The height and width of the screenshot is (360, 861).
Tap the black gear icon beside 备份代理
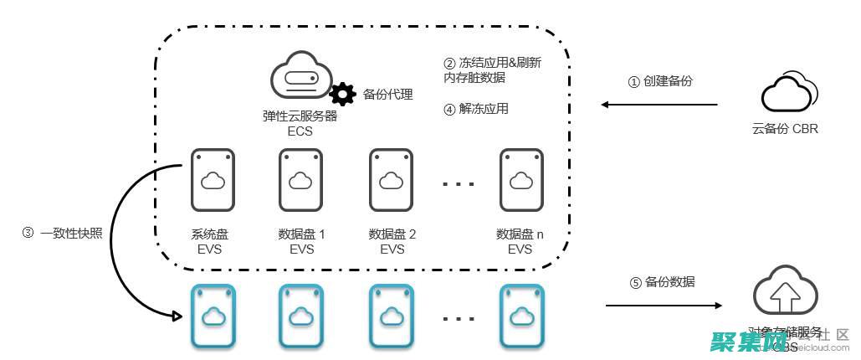pyautogui.click(x=342, y=94)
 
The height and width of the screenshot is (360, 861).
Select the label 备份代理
pyautogui.click(x=388, y=94)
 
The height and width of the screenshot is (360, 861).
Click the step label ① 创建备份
pyautogui.click(x=660, y=81)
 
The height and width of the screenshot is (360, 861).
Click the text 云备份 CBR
pyautogui.click(x=785, y=129)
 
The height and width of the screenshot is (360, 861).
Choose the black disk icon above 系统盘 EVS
pyautogui.click(x=213, y=180)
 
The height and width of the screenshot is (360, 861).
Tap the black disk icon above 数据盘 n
pyautogui.click(x=521, y=180)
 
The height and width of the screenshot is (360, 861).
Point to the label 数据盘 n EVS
pyautogui.click(x=520, y=241)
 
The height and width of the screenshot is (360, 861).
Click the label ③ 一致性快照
pyautogui.click(x=63, y=234)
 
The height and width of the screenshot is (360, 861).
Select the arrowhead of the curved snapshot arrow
pyautogui.click(x=177, y=316)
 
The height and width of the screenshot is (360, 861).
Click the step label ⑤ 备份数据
pyautogui.click(x=662, y=282)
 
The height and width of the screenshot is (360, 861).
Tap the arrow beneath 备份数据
pyautogui.click(x=661, y=305)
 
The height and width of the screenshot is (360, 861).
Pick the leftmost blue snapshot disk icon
pyautogui.click(x=213, y=316)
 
